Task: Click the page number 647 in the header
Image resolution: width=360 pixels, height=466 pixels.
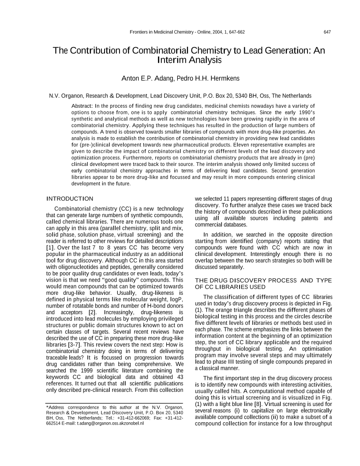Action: click(x=327, y=32)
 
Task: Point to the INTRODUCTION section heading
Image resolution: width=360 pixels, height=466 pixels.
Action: click(x=70, y=199)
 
